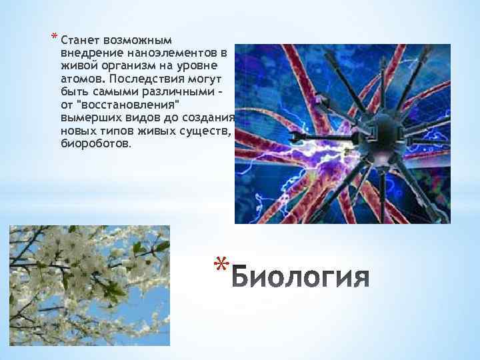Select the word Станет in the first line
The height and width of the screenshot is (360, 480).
pyautogui.click(x=79, y=40)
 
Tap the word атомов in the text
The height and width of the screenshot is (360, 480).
pyautogui.click(x=79, y=77)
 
